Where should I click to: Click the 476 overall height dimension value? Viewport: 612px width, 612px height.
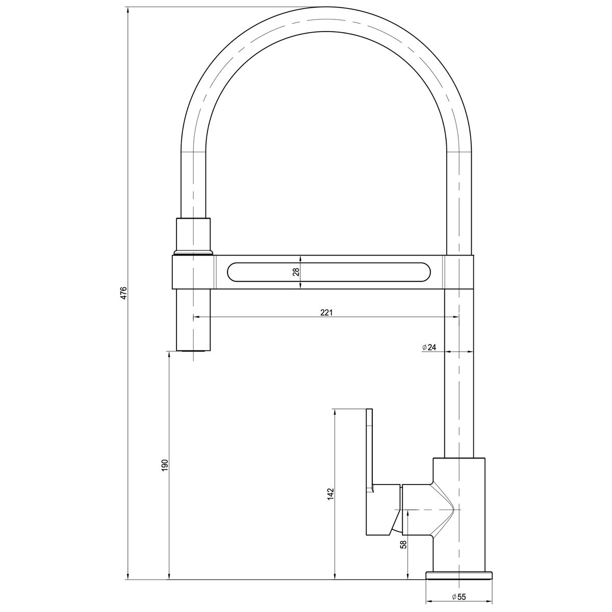(123, 293)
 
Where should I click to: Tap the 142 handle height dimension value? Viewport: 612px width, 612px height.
(330, 494)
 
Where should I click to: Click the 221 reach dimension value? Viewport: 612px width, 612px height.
(326, 313)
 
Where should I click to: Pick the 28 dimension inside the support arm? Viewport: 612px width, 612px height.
(296, 272)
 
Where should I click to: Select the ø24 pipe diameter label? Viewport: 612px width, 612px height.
(429, 347)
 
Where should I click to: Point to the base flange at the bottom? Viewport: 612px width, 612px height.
(460, 575)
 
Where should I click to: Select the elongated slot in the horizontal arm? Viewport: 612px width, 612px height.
(329, 272)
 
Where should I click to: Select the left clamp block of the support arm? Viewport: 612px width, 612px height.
(194, 272)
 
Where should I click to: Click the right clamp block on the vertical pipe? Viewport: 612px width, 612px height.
(460, 272)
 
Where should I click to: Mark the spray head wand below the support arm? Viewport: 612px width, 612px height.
(193, 319)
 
